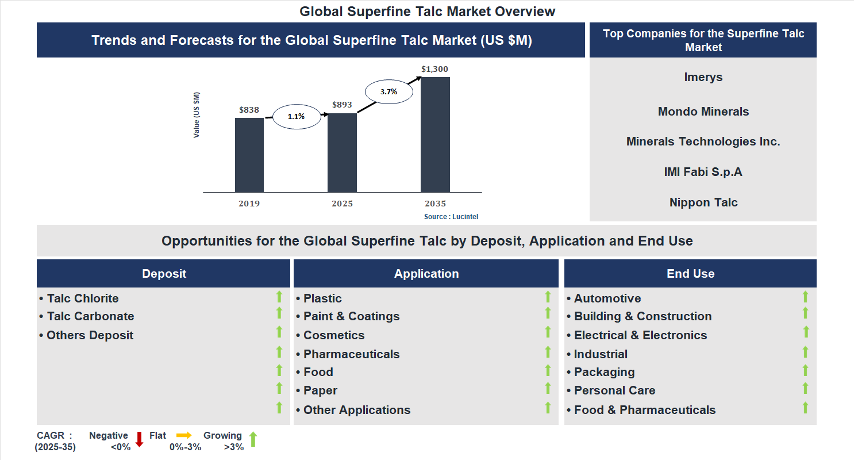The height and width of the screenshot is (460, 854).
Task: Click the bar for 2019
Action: point(249,155)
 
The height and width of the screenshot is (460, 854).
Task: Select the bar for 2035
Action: point(435,135)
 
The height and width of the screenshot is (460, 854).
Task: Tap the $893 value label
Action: point(342,105)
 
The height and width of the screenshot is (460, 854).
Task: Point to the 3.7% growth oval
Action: point(388,91)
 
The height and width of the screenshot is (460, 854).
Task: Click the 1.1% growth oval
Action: point(296,116)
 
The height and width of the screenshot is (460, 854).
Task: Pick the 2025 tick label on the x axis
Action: point(342,204)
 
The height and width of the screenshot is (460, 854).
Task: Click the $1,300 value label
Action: point(434,69)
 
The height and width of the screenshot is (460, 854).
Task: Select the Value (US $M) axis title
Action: point(197,115)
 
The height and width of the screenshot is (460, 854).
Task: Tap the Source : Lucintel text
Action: point(451,217)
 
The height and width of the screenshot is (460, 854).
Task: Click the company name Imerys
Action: point(703,77)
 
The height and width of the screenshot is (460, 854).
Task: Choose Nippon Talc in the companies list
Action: point(703,202)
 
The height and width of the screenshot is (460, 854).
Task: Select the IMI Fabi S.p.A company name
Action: point(703,171)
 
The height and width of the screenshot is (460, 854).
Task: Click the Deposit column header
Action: point(164,274)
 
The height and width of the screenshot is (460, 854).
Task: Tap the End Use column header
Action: point(690,274)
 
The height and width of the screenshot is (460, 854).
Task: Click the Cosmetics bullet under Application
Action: point(333,335)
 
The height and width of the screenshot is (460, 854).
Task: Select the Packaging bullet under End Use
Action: point(604,372)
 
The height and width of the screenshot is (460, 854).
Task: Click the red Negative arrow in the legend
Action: point(139,439)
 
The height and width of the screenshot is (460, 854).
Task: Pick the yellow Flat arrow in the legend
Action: point(184,435)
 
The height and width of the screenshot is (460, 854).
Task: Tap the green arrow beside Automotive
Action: point(805,297)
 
